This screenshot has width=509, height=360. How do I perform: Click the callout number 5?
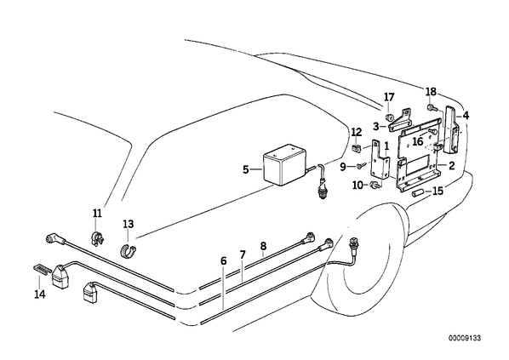[x=246, y=169]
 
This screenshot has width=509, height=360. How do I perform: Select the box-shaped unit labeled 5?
[x=283, y=165]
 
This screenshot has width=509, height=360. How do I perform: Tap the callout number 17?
[x=389, y=97]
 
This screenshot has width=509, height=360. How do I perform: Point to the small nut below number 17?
[x=388, y=117]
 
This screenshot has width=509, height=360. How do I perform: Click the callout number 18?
[x=431, y=92]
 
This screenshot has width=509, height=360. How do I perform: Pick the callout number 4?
[x=466, y=115]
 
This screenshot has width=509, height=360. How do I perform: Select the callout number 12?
[x=357, y=132]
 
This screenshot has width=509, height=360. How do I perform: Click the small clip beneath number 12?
[x=356, y=148]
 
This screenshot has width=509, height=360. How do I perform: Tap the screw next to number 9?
[x=360, y=167]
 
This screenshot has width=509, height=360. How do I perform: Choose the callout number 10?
[x=357, y=186]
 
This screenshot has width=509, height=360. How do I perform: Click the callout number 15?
[x=438, y=191]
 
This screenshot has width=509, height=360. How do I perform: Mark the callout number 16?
[x=418, y=141]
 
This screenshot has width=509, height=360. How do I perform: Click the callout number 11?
[x=97, y=214]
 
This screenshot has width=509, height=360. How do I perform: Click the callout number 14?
[x=40, y=294]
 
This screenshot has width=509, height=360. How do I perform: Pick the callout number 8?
[x=263, y=246]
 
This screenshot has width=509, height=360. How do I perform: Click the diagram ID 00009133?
[x=465, y=338]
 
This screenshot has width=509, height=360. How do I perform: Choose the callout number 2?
[x=451, y=166]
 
